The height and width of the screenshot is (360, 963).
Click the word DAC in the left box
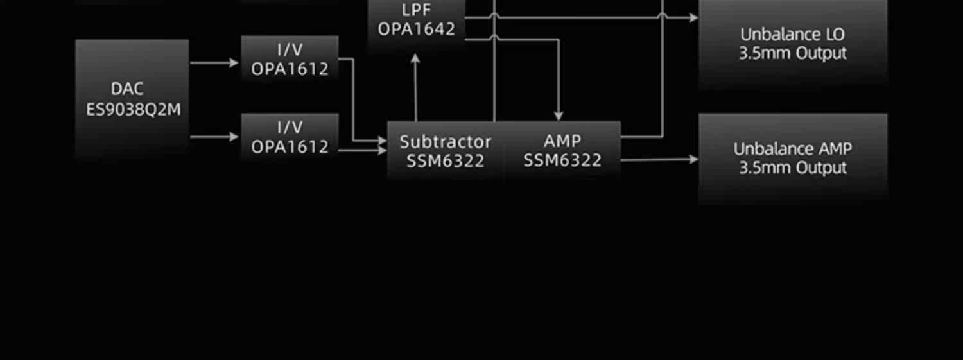126,89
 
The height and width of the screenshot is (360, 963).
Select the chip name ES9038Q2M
134,110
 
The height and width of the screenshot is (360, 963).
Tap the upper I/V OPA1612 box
290,59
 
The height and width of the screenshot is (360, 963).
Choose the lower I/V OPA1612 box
290,137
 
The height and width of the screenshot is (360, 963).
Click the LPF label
416,10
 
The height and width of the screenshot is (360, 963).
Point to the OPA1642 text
416,30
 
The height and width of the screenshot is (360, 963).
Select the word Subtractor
445,141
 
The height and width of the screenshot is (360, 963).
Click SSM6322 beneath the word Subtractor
445,161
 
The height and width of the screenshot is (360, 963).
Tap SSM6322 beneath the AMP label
562,161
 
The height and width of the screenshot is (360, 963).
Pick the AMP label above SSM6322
562,141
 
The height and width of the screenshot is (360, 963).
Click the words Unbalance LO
792,34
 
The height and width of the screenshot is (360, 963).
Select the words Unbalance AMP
792,149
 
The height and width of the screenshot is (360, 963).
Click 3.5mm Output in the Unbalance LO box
792,53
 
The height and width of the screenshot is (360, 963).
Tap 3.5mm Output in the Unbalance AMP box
792,168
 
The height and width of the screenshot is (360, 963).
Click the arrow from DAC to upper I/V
214,63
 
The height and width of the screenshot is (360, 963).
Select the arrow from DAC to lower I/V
214,137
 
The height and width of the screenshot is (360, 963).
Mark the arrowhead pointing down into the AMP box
559,116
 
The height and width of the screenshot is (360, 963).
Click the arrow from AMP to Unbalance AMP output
659,159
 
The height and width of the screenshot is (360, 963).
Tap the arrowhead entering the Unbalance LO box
693,18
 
